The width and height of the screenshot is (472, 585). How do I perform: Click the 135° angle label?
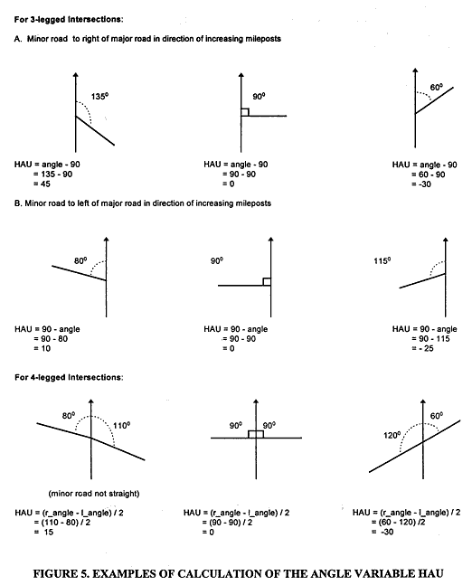[99, 96]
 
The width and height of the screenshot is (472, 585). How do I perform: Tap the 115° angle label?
[382, 260]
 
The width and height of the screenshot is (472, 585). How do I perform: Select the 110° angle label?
[122, 425]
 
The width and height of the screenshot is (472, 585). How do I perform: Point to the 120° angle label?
[392, 435]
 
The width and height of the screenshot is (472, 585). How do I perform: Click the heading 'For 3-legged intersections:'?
[69, 19]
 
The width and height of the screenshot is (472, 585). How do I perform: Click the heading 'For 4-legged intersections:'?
[69, 377]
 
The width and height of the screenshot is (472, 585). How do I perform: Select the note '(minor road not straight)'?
[94, 494]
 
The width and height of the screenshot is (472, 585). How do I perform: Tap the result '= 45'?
[42, 184]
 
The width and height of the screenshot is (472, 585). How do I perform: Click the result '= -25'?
[422, 348]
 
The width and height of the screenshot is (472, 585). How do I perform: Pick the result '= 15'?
[43, 532]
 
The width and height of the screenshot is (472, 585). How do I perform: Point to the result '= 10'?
[42, 348]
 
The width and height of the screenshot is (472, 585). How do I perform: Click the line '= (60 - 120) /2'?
[398, 522]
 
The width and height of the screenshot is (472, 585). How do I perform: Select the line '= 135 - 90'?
[53, 175]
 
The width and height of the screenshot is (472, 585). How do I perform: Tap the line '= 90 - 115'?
[430, 339]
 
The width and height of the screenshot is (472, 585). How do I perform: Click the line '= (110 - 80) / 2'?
[61, 523]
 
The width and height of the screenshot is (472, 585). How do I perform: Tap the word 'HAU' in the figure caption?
[430, 574]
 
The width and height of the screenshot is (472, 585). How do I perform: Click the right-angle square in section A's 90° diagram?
[245, 112]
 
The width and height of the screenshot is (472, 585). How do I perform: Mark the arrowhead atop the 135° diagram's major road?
[76, 75]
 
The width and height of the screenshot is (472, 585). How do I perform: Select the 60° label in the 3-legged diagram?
[436, 87]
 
